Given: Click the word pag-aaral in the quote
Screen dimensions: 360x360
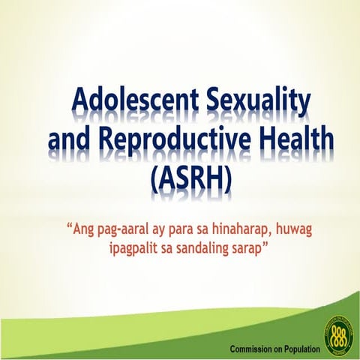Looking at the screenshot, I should pyautogui.click(x=124, y=227).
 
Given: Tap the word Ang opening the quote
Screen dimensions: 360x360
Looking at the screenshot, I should pyautogui.click(x=82, y=226).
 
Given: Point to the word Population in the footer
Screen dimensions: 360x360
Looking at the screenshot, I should pyautogui.click(x=299, y=349).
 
